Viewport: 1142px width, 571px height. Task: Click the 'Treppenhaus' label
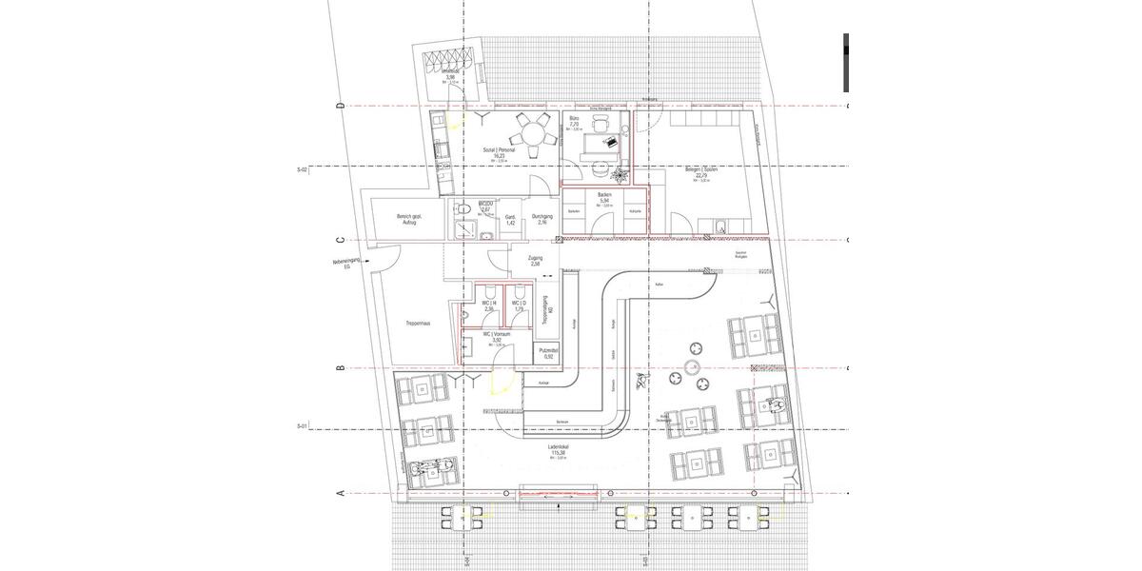click(x=417, y=324)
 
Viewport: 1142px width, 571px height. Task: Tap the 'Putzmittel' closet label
click(x=548, y=353)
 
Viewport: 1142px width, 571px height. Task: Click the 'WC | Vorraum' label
click(x=497, y=336)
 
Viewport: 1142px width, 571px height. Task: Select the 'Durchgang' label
click(x=542, y=218)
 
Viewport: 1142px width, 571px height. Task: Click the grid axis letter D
click(x=341, y=106)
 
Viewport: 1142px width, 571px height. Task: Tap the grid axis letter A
click(x=341, y=493)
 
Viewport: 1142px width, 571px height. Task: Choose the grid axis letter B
click(x=341, y=367)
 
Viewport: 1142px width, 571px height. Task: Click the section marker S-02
click(x=303, y=168)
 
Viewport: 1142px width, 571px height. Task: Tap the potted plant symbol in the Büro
click(x=620, y=174)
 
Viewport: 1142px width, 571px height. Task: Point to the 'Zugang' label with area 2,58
click(x=536, y=260)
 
